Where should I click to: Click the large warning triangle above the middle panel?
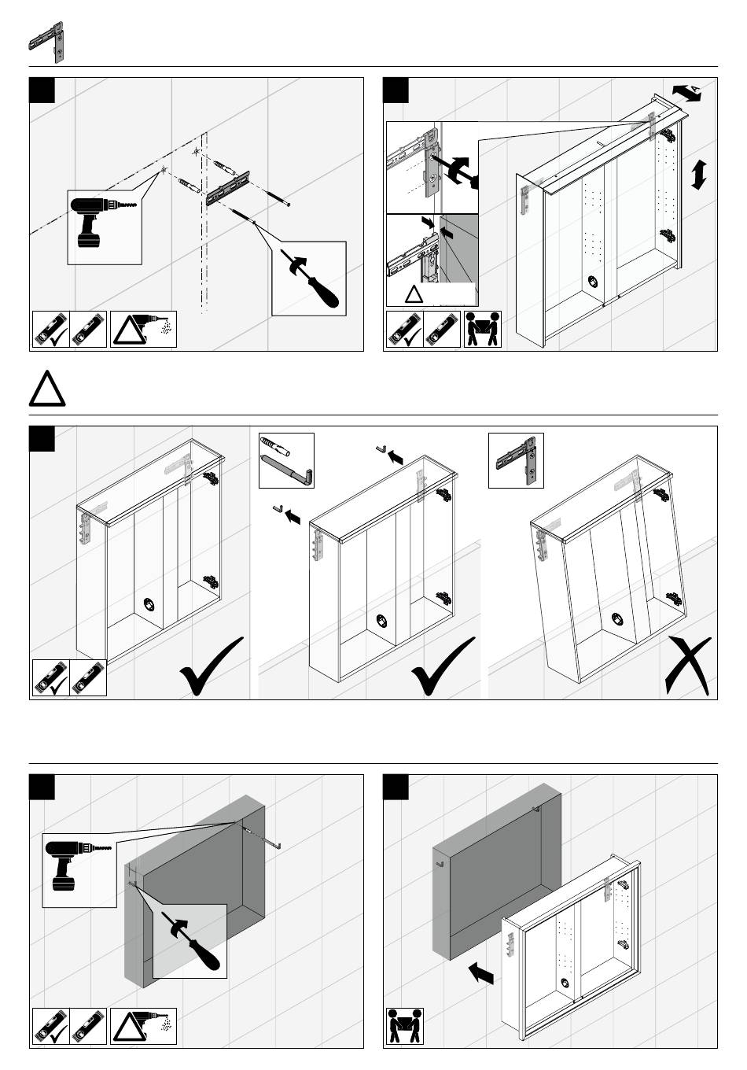point(47,388)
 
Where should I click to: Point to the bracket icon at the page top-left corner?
point(47,43)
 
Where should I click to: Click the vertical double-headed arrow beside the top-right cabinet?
point(697,174)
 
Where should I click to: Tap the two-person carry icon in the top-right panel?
point(483,330)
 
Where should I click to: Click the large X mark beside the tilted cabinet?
point(686,666)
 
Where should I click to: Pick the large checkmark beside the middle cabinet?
point(443,666)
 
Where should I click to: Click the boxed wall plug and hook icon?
point(286,460)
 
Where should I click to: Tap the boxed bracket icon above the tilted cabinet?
point(516,460)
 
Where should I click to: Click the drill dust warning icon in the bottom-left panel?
point(144,1027)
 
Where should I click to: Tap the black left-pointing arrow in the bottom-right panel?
point(481,974)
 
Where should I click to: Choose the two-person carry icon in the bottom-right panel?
point(404,1028)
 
